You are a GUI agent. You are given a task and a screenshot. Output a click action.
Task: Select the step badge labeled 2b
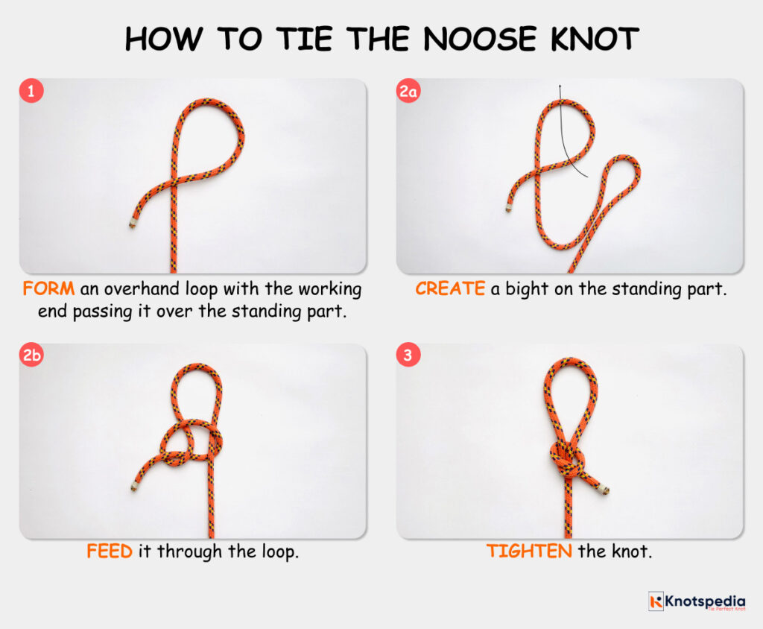32,355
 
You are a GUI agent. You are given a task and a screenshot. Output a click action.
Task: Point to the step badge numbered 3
408,355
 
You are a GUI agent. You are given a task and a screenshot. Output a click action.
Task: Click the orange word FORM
48,288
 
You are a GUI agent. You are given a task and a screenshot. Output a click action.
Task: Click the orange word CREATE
450,288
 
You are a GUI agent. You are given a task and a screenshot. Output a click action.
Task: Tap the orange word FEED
110,552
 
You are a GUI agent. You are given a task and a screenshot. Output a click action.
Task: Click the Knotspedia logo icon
656,601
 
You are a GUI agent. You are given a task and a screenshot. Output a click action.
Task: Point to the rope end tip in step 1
132,222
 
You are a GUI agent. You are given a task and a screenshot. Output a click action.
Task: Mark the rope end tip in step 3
605,490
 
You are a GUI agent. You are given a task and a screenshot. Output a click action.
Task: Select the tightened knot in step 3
566,459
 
